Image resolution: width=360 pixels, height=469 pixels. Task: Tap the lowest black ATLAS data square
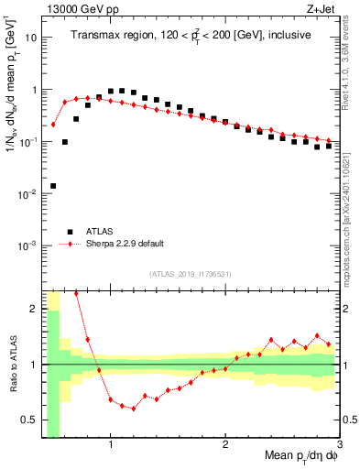pyautogui.click(x=53, y=186)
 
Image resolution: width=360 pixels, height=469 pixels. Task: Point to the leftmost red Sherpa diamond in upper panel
pyautogui.click(x=53, y=125)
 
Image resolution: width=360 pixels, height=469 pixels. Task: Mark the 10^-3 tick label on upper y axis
pyautogui.click(x=27, y=245)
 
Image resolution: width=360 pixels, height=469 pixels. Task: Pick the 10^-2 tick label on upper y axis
pyautogui.click(x=27, y=194)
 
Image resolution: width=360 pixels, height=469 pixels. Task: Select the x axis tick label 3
pyautogui.click(x=340, y=445)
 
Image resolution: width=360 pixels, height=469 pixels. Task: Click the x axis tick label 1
pyautogui.click(x=111, y=445)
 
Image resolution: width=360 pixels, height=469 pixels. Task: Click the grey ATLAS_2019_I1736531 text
pyautogui.click(x=191, y=273)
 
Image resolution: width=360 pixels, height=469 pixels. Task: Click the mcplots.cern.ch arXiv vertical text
pyautogui.click(x=352, y=197)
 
